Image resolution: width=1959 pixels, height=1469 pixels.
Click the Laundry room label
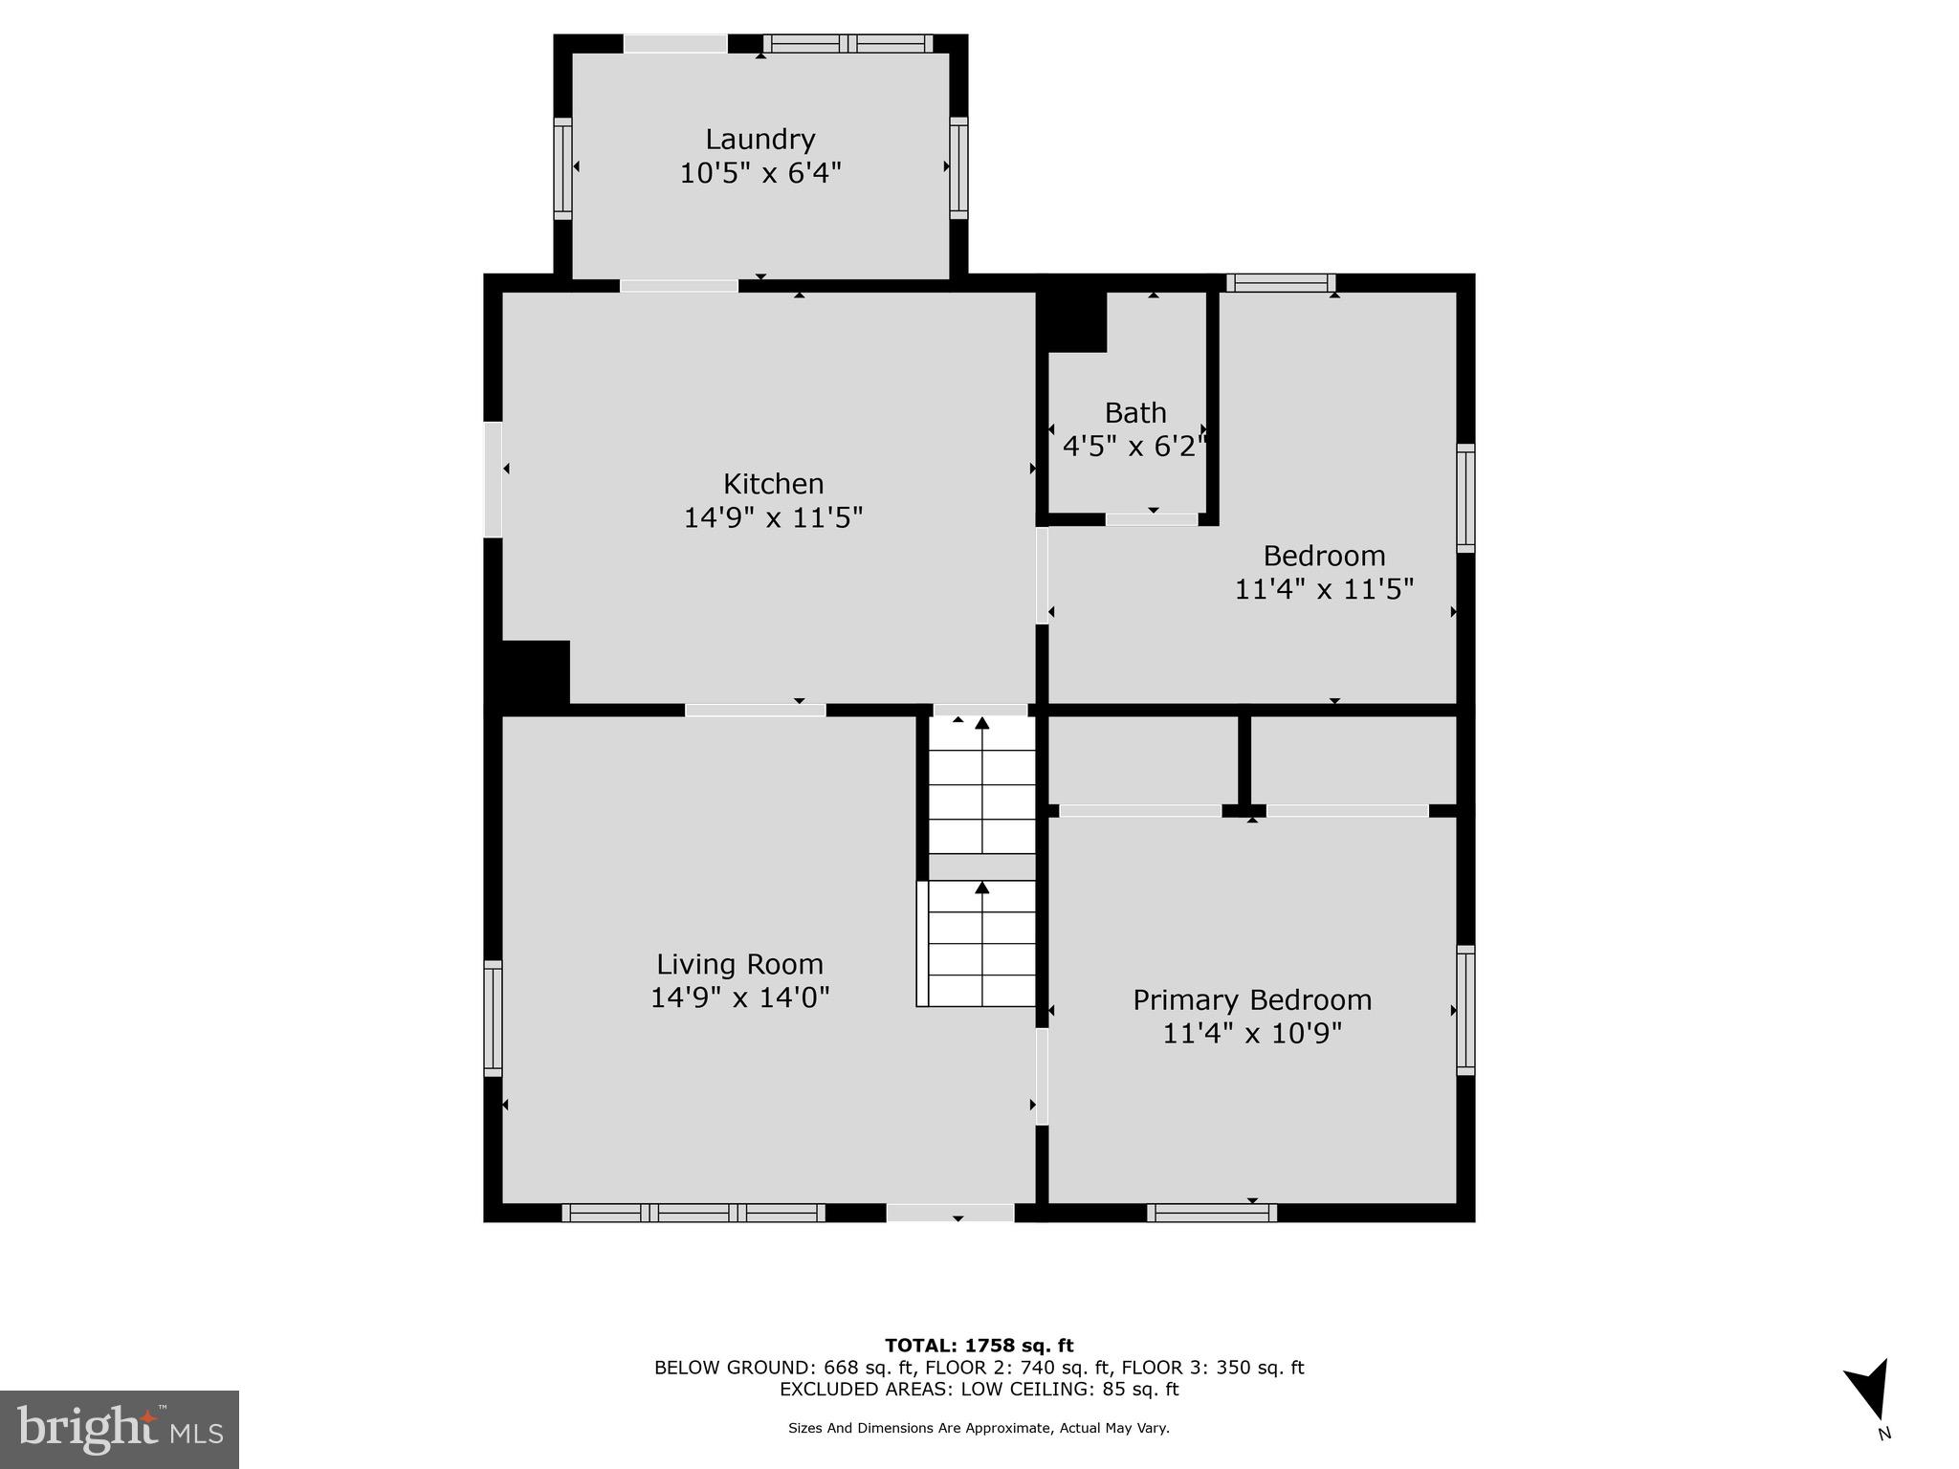[x=760, y=140]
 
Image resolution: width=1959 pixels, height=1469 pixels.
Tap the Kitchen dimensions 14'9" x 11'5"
[x=773, y=517]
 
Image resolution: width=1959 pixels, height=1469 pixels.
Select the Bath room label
[x=1135, y=413]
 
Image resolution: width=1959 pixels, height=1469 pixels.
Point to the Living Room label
[x=739, y=964]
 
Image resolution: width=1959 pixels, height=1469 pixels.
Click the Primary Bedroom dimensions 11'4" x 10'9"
[x=1252, y=1034]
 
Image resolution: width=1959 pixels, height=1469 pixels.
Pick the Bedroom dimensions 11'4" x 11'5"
[x=1324, y=589]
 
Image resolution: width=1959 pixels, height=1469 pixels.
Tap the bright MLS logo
[x=120, y=1430]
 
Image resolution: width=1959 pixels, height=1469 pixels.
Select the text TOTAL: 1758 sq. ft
[x=979, y=1347]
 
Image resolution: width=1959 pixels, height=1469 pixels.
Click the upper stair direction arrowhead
[x=982, y=723]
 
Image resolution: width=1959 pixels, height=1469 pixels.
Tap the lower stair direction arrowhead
[x=982, y=888]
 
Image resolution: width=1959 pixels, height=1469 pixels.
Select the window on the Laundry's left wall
[x=562, y=169]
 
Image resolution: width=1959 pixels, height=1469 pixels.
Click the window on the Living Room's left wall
[x=493, y=1018]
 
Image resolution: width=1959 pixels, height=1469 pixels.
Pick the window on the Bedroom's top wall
[x=1281, y=282]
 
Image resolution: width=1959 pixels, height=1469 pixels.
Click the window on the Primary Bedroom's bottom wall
[x=1212, y=1213]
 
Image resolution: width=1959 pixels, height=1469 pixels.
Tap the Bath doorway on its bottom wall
[x=1152, y=519]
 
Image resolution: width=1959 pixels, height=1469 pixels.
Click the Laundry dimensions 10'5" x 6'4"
[x=760, y=174]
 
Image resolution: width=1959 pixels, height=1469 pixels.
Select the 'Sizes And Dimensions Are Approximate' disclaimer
[x=979, y=1428]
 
